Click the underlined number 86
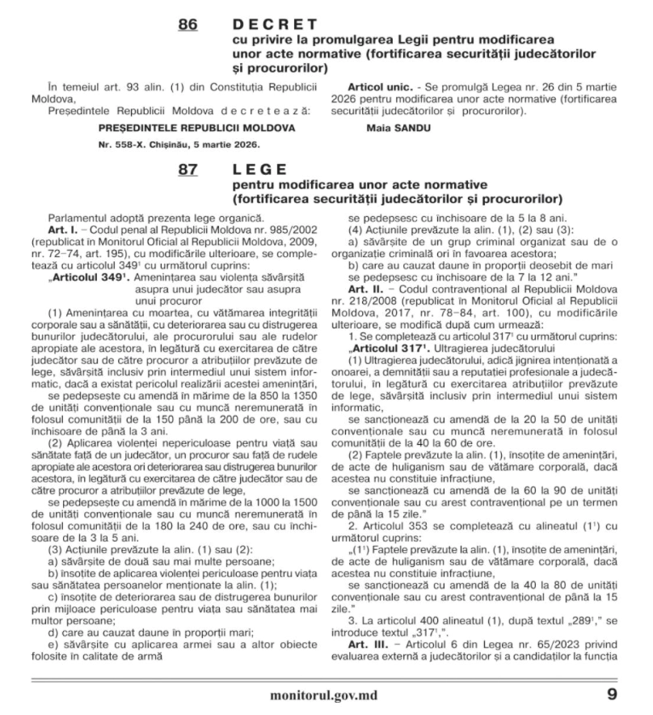[x=187, y=25]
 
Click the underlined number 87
[x=187, y=169]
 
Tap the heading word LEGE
[x=259, y=169]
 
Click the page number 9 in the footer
[x=612, y=694]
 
